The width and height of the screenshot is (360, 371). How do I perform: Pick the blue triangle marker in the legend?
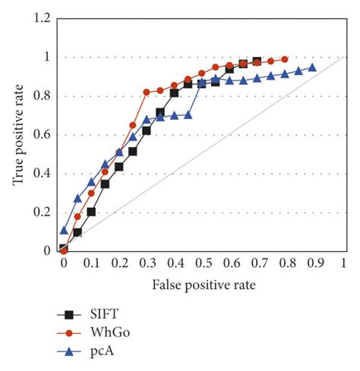pyautogui.click(x=72, y=351)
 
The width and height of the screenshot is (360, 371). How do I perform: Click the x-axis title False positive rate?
pyautogui.click(x=204, y=285)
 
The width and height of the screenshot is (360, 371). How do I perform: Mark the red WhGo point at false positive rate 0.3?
pyautogui.click(x=147, y=92)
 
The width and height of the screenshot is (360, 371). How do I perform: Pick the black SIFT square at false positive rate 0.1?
pyautogui.click(x=91, y=212)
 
